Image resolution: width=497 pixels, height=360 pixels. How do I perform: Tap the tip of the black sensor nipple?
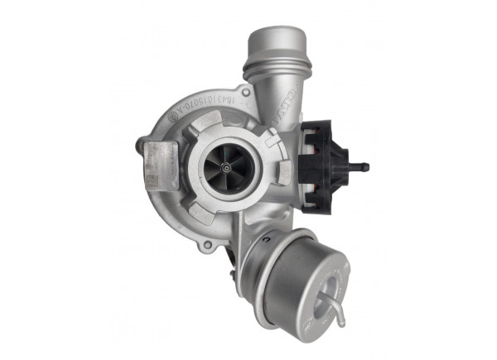[x=365, y=166]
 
